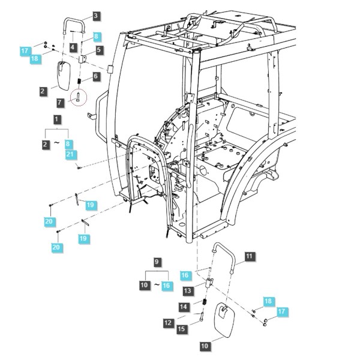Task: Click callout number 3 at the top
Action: coord(96,16)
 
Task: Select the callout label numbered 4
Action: coord(73,47)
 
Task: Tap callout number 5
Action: coord(99,50)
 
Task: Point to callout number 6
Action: coord(95,76)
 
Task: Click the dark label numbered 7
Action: coord(60,102)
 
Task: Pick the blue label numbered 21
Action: coord(70,155)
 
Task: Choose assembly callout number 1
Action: coord(57,119)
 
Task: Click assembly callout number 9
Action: coord(157,262)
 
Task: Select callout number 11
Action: coord(250,256)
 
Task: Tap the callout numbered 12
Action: coord(168,323)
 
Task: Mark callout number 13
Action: coord(188,290)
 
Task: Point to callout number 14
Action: coord(184,307)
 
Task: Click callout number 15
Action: coord(181,329)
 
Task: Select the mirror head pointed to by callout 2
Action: coord(64,76)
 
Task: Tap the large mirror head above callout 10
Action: coord(224,320)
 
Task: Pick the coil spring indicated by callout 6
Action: coord(79,81)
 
